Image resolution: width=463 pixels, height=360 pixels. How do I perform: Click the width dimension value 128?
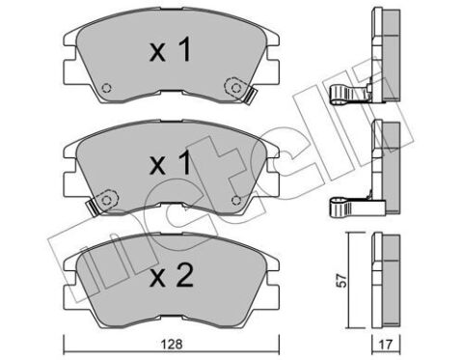coord(173,345)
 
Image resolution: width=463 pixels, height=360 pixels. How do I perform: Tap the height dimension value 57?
coord(342,281)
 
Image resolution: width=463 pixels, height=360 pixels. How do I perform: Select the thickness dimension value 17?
coord(386,345)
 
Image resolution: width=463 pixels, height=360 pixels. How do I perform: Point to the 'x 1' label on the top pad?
coord(171,49)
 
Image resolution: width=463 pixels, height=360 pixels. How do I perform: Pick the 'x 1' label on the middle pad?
coord(171,163)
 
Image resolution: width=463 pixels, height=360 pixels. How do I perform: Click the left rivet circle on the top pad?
coord(106,88)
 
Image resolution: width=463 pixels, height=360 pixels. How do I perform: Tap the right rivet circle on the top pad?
coord(236,88)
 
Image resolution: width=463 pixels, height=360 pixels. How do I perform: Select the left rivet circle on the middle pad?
coord(106,200)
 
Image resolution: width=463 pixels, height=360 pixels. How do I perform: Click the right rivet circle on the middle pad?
coord(236,201)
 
